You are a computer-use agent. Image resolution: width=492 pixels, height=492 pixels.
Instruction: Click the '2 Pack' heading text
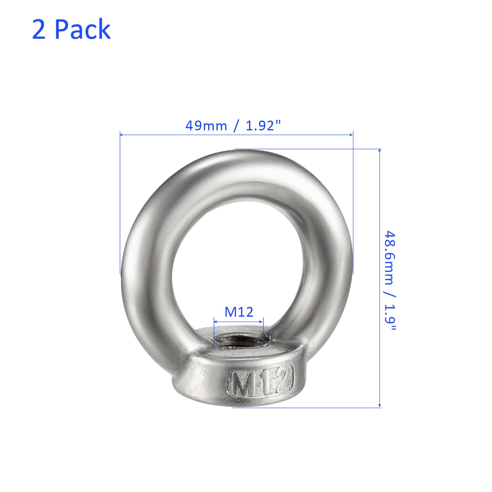(71, 29)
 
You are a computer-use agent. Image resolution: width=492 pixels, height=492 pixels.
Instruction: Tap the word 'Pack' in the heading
(83, 29)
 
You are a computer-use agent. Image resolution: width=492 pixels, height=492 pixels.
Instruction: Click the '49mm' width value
(206, 126)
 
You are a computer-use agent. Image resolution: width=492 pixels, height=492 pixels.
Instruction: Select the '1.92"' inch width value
(264, 126)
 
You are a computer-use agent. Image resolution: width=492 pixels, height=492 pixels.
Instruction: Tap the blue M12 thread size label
(239, 312)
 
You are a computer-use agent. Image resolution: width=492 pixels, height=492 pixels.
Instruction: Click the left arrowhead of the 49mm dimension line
(122, 134)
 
